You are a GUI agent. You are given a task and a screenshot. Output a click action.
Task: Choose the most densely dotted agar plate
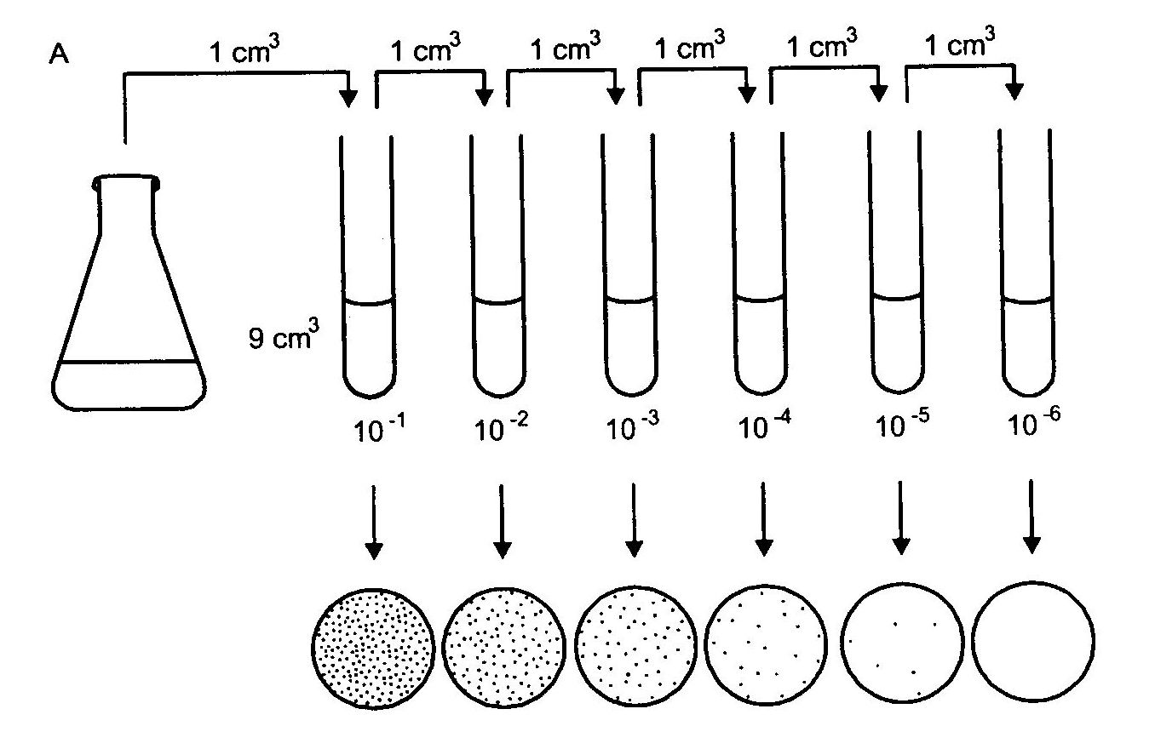tap(373, 647)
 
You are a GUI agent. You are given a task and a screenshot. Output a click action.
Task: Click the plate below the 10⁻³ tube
tap(635, 645)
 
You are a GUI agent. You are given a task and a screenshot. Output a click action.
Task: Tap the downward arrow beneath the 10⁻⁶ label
tap(1031, 515)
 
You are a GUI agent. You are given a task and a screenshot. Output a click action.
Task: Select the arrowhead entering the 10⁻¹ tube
tap(348, 99)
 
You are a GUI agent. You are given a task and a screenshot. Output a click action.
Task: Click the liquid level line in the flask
tap(129, 363)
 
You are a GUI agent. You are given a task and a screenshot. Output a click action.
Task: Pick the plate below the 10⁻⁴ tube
tap(767, 645)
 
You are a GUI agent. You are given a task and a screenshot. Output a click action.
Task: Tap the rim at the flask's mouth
tap(127, 180)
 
